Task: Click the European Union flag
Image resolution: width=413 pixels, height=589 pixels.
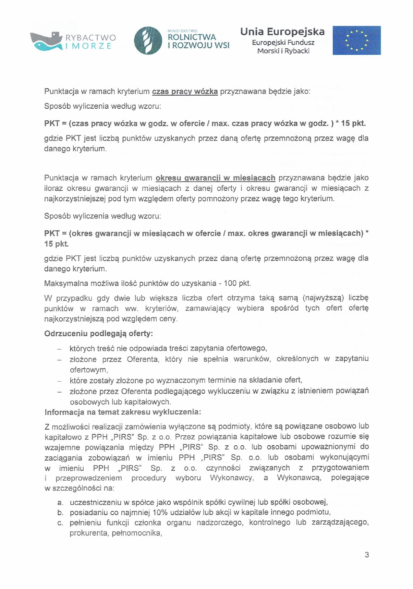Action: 356,40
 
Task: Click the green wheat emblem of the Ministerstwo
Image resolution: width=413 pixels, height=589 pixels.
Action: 147,41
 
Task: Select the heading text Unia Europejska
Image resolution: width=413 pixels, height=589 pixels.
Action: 282,32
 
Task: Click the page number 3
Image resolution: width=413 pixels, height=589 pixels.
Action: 367,555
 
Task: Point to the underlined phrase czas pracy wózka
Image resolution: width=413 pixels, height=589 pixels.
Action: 185,92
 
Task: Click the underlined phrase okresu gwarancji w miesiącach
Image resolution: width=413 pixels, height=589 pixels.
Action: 215,178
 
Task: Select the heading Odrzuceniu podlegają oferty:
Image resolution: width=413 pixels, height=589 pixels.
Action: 99,334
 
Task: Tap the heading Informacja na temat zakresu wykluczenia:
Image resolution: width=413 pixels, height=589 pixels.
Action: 123,412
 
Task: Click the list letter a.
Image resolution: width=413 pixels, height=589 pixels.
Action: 60,503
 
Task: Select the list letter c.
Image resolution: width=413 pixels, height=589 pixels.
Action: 60,523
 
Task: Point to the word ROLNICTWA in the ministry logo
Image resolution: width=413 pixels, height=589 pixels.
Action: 192,37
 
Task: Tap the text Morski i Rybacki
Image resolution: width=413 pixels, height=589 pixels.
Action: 283,51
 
